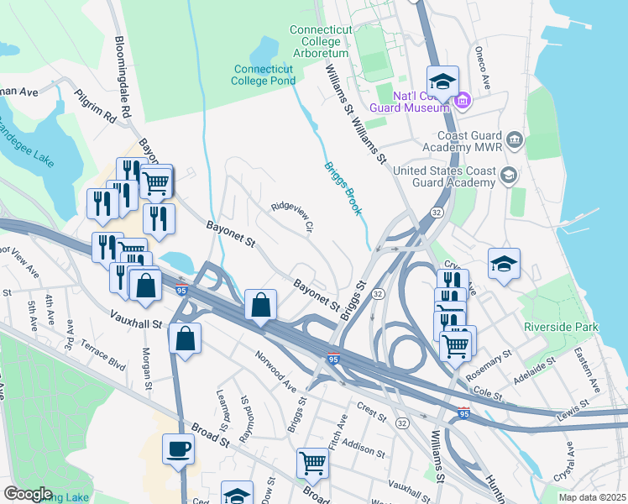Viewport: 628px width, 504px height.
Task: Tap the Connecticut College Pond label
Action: (264, 75)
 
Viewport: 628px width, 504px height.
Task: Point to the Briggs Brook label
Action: (343, 187)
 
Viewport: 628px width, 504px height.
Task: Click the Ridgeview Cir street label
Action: (292, 216)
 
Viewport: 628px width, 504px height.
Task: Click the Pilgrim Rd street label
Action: (95, 108)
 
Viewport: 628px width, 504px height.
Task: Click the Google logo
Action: (27, 494)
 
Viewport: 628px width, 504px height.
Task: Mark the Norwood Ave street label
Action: (277, 372)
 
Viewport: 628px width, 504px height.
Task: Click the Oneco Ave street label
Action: (483, 68)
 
